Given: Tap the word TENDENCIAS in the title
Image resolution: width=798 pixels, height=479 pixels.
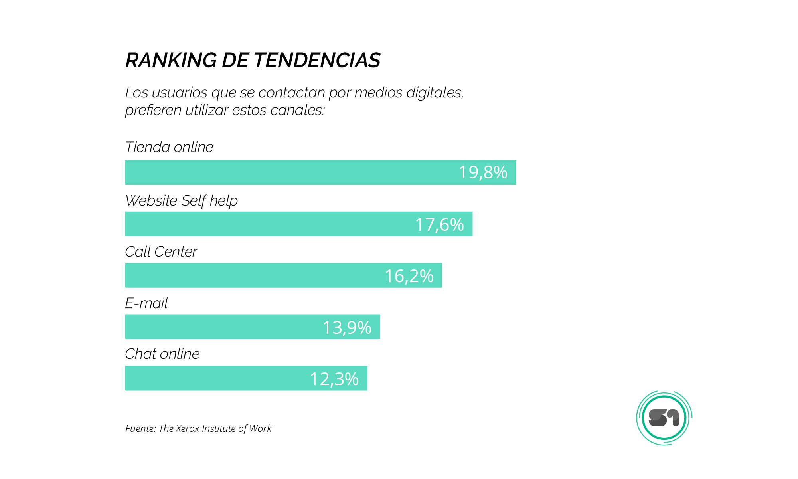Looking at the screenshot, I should (x=317, y=61).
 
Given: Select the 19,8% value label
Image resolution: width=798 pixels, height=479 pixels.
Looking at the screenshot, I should (x=483, y=172).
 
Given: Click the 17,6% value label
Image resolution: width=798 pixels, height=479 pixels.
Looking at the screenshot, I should (x=439, y=224).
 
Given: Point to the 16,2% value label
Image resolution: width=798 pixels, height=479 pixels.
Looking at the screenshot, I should (x=409, y=276).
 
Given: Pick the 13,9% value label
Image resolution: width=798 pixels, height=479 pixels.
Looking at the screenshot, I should (x=347, y=327).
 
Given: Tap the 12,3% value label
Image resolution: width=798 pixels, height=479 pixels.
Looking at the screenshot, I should (x=334, y=379).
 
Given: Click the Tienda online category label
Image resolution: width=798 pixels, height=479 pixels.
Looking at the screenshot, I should (x=169, y=147).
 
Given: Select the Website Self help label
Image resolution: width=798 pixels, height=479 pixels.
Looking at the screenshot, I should (x=182, y=201).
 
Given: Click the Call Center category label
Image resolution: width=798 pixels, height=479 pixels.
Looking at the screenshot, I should (x=161, y=252).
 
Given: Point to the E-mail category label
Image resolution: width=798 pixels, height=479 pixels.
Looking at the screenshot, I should (x=146, y=303).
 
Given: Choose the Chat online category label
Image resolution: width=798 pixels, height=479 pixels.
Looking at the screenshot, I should (x=162, y=354).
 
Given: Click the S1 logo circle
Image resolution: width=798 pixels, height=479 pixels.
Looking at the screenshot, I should (x=664, y=418).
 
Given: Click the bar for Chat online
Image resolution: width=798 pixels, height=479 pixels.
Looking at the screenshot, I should (x=215, y=378).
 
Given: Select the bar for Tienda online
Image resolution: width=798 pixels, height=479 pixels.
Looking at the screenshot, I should (x=279, y=172).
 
